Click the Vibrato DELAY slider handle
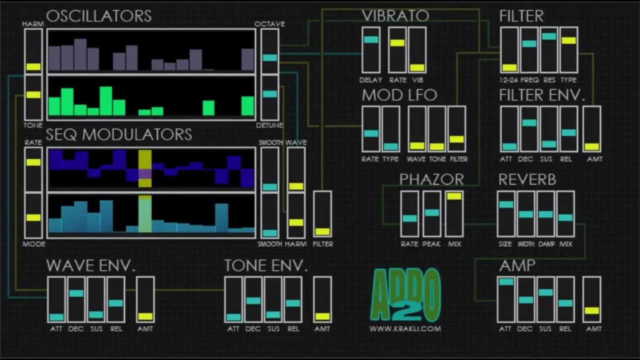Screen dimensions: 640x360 coord(371,39)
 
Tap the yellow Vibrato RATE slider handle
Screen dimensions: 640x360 coord(397,43)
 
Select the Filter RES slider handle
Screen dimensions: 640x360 coord(548,36)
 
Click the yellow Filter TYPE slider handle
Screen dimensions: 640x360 coord(568,40)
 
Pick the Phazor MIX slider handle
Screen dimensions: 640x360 coord(454,196)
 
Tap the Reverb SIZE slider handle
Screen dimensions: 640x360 coord(505,204)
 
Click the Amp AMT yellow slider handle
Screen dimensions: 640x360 coord(591,310)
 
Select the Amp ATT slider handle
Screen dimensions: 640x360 coord(505,282)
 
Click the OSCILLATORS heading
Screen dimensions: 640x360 coord(99,16)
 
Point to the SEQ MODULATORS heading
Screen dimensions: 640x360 coord(119,134)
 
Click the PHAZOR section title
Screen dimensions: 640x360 coord(431,179)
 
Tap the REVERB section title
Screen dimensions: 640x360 coord(527,179)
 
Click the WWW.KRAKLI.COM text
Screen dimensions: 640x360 coord(405,328)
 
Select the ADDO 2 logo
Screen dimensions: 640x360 coord(405,295)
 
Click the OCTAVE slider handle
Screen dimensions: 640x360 coord(269,57)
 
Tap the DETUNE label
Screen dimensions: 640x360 coord(269,125)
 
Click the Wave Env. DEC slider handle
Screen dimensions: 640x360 coord(76,293)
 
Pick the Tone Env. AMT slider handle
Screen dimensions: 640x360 coord(322,316)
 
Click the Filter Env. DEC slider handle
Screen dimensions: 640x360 coord(529,122)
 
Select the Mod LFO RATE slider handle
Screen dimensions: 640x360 coord(370,133)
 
